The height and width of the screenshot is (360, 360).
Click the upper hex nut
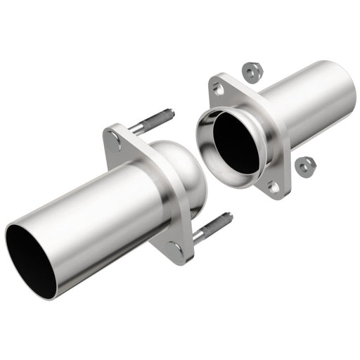tap(252, 70)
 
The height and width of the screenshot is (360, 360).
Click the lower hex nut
tap(304, 166)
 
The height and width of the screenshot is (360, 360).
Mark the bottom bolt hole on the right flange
tap(273, 186)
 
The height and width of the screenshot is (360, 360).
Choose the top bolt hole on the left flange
tap(115, 140)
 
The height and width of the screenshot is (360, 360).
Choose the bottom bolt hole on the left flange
tap(173, 248)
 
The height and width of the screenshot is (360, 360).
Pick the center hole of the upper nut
tap(251, 70)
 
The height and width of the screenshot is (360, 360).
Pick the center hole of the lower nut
tap(304, 166)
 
